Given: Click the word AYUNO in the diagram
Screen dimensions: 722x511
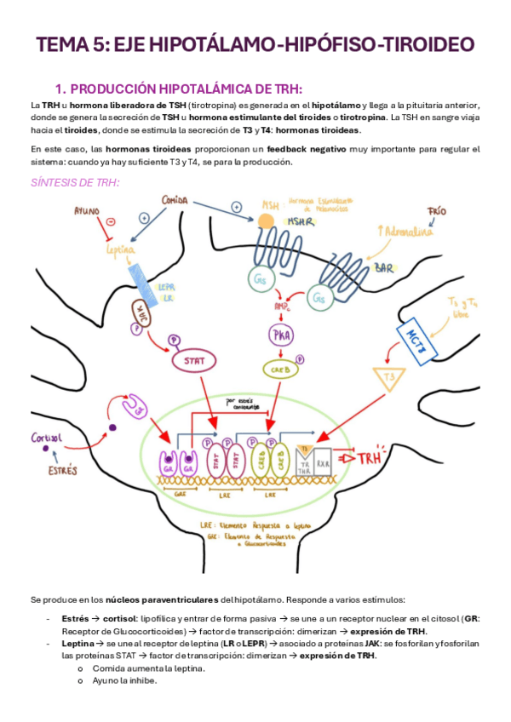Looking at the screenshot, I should (87, 209).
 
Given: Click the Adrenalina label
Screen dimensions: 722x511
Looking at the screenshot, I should (405, 232).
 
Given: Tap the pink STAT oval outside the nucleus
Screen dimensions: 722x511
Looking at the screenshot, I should (193, 360).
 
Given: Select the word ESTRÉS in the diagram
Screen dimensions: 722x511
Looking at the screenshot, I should (66, 469).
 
